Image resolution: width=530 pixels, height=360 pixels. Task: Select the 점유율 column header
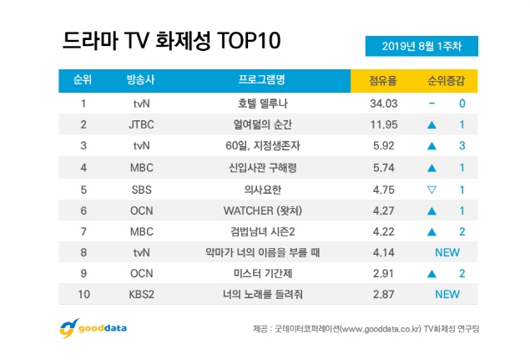tap(381, 81)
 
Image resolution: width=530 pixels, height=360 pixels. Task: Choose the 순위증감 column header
tap(447, 81)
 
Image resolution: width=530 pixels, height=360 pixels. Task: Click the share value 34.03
tap(381, 104)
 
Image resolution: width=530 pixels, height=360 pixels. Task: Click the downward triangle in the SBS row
tap(432, 189)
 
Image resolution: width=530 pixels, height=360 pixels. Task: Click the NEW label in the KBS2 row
tap(447, 294)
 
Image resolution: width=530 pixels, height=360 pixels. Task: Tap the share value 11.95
tap(381, 125)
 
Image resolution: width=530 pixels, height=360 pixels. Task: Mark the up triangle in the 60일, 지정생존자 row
tap(432, 146)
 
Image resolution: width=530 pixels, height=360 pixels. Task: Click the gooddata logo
tap(93, 327)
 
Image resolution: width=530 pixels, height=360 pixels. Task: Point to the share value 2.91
tap(381, 273)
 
